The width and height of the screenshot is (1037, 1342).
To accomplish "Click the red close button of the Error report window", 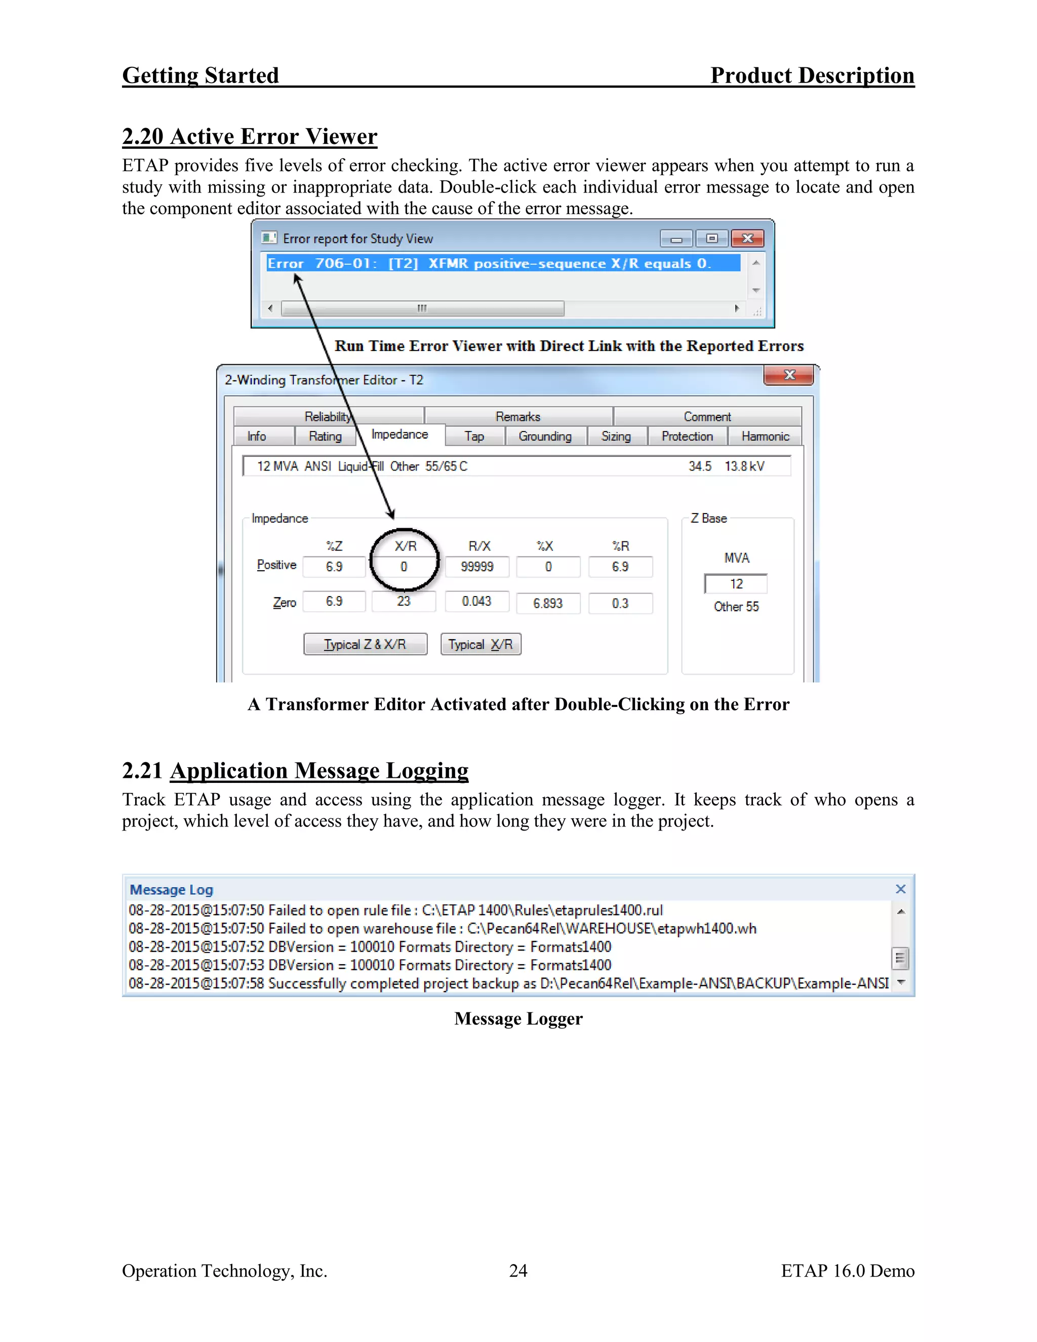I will point(747,239).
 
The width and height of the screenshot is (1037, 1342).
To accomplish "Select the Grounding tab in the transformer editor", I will point(545,436).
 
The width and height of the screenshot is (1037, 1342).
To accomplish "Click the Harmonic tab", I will point(765,436).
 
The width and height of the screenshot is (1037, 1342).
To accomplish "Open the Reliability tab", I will point(328,417).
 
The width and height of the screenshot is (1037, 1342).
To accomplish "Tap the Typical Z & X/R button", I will point(365,645).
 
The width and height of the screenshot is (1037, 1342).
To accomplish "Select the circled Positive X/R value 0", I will point(404,567).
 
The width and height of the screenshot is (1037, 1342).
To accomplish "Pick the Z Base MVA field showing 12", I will point(736,584).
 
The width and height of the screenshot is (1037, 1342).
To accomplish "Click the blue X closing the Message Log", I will point(901,889).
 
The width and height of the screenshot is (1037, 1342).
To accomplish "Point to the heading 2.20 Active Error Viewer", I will point(250,136).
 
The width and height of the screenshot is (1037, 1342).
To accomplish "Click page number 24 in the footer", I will point(518,1271).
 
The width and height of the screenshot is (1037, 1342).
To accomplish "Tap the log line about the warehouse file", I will point(443,928).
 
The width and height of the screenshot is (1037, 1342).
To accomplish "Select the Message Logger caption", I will point(518,1019).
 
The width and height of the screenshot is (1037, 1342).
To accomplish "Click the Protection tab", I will point(687,436).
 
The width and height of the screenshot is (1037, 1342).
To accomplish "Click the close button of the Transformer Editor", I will point(789,375).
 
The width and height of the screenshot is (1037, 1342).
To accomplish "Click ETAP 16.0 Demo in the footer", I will point(848,1271).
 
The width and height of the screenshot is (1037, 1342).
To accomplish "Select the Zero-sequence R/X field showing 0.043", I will point(476,602).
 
